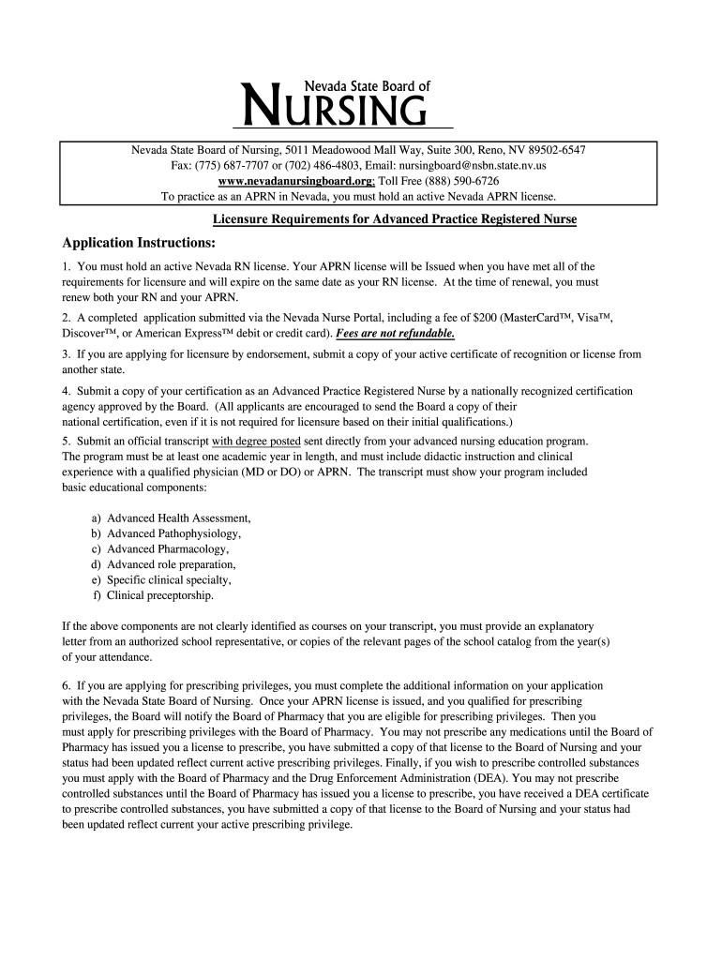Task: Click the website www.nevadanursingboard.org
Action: coord(294,180)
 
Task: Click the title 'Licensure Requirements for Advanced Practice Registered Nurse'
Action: coord(394,219)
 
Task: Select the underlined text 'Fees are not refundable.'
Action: coord(401,333)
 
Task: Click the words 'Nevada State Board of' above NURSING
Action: coord(367,85)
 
